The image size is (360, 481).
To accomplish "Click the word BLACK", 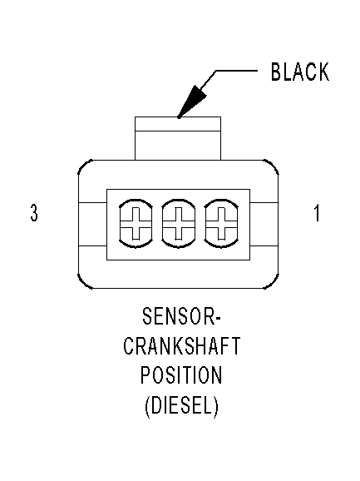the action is point(300,72).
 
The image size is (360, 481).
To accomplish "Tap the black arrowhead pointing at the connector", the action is point(192,101).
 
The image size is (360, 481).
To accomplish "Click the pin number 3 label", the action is point(34,212).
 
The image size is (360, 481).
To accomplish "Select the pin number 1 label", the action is point(317,212).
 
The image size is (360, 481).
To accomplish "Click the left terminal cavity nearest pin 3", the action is point(136,224).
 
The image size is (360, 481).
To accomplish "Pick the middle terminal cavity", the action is point(178,224).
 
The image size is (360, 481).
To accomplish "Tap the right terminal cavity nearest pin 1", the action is point(221,224).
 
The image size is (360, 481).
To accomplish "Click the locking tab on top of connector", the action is point(178,138).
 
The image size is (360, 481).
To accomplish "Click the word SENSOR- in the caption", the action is point(181,316).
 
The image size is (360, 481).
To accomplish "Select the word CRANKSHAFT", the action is point(182,345).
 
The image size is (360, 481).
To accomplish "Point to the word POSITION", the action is point(181,374).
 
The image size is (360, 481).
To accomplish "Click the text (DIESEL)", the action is point(182,405).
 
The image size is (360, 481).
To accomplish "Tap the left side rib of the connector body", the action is point(92,224).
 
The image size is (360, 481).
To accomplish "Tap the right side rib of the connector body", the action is point(264,224).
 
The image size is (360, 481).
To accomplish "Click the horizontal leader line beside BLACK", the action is point(236,71).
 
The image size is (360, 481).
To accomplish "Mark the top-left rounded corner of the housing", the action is point(85,167).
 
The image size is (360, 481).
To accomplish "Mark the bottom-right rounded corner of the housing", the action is point(271,281).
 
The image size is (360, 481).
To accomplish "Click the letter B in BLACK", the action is point(276,72).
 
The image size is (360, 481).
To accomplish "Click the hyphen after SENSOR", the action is point(218,318).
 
